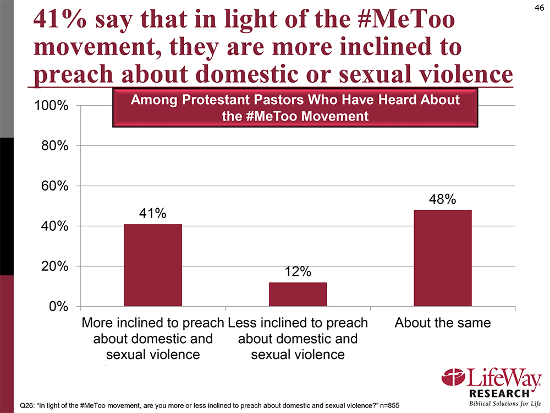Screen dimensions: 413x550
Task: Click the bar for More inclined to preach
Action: tap(153, 265)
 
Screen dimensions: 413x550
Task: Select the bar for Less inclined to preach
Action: tap(298, 294)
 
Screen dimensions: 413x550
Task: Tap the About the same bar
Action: tap(442, 258)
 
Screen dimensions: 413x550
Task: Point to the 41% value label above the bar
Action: tap(152, 214)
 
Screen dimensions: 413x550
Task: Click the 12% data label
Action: tap(298, 271)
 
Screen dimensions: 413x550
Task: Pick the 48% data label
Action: tap(442, 199)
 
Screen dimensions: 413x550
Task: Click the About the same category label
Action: tap(442, 323)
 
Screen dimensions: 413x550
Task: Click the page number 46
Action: tap(538, 7)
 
